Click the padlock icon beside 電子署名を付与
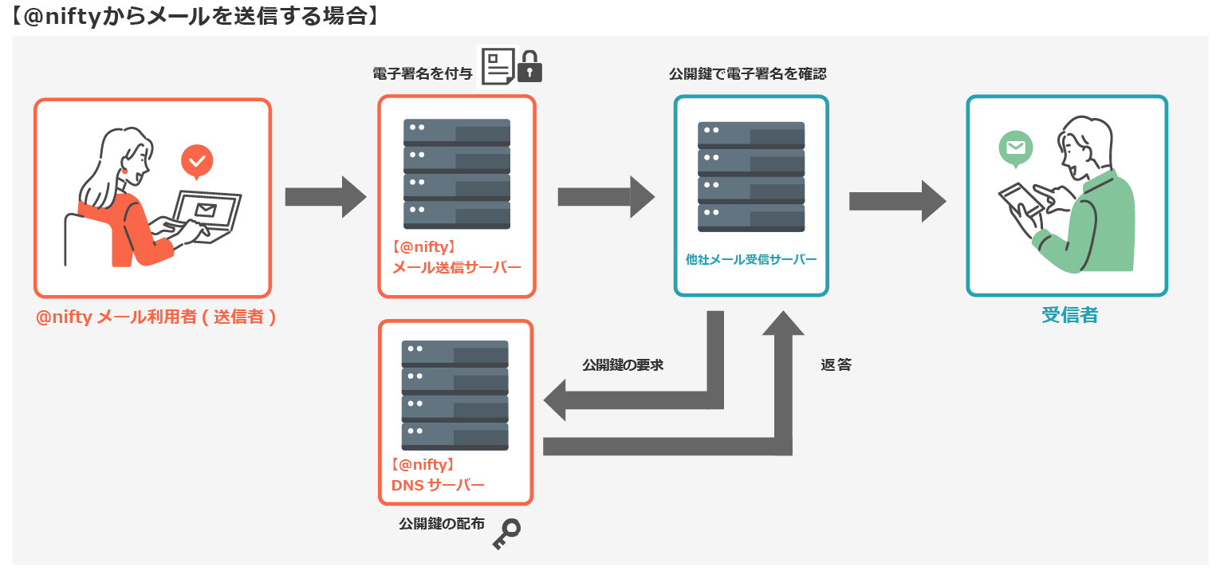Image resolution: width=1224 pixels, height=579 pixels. [529, 68]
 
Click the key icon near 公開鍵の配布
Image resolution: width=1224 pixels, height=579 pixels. [506, 533]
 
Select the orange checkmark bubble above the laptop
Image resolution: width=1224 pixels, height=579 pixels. [197, 162]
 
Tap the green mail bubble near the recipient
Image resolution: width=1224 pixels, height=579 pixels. [1015, 148]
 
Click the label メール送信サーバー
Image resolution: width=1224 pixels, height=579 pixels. [456, 267]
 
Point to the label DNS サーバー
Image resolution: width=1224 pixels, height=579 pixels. [437, 484]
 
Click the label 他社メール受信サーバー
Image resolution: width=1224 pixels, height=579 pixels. [751, 259]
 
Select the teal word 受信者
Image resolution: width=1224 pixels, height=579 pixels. [1069, 315]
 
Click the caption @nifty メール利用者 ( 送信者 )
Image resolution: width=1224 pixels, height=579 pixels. [156, 317]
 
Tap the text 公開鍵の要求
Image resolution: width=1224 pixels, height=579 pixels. [623, 365]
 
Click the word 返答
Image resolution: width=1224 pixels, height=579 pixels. [836, 365]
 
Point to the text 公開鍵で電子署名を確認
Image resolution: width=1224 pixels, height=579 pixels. [747, 74]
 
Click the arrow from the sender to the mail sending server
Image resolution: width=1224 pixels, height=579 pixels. [325, 197]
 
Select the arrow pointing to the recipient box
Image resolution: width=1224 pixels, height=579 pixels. [896, 201]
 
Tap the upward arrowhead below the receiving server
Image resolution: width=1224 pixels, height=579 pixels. [784, 323]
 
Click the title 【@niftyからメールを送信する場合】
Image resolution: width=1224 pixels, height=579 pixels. [195, 16]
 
